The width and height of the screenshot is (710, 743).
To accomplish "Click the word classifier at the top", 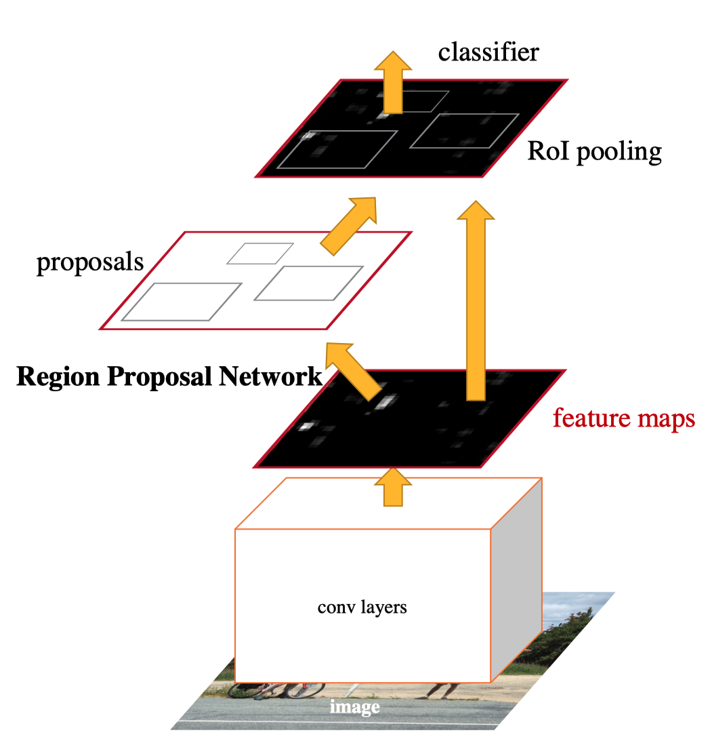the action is pyautogui.click(x=488, y=52).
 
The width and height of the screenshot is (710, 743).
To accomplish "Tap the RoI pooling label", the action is pyautogui.click(x=594, y=152).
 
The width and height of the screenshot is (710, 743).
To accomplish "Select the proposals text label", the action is pyautogui.click(x=90, y=262).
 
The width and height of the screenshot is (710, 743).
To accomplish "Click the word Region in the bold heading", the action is pyautogui.click(x=58, y=377).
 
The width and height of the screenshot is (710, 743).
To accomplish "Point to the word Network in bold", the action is pyautogui.click(x=270, y=376).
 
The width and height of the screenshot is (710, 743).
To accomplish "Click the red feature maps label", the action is pyautogui.click(x=624, y=418).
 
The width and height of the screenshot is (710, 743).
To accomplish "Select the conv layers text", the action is pyautogui.click(x=362, y=607).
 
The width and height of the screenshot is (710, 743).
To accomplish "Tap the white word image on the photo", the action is pyautogui.click(x=355, y=707).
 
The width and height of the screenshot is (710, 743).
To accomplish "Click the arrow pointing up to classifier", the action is pyautogui.click(x=393, y=82).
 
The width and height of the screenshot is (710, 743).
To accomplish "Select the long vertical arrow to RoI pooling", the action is pyautogui.click(x=476, y=300).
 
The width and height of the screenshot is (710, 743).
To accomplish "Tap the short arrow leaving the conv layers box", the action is pyautogui.click(x=393, y=487).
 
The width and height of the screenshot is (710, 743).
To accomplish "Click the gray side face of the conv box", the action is pyautogui.click(x=516, y=580).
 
